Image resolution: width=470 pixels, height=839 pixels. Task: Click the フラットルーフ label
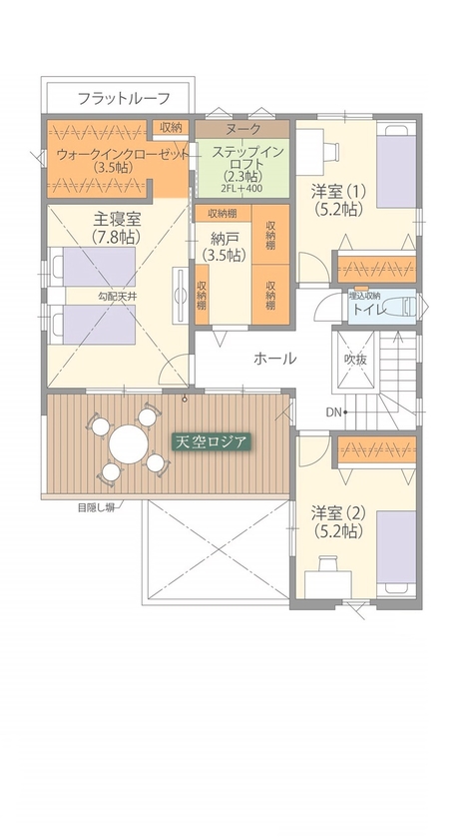[x=124, y=98]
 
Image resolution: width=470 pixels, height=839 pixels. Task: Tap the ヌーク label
[x=242, y=129]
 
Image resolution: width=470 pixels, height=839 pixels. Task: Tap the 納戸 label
[x=223, y=239]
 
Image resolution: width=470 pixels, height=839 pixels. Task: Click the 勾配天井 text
[x=117, y=297]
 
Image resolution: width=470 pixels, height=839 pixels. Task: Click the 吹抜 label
[x=356, y=358]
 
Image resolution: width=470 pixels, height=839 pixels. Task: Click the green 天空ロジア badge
[x=210, y=440]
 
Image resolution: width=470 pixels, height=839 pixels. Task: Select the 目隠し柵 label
[x=98, y=507]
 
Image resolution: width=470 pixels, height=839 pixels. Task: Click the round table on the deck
[x=128, y=442]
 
